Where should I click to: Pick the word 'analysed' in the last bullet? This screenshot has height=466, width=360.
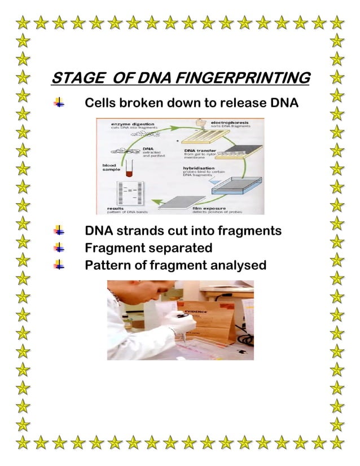pos(236,263)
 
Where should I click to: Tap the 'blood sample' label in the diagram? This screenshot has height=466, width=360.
pos(107,168)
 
